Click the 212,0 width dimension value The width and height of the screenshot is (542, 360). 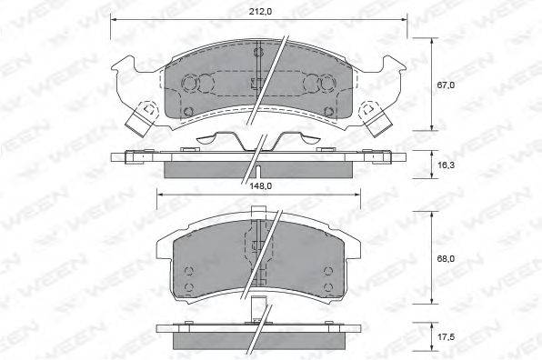pyautogui.click(x=260, y=12)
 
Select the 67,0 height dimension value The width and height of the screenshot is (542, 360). pyautogui.click(x=446, y=85)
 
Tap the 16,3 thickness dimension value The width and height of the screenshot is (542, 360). pyautogui.click(x=446, y=165)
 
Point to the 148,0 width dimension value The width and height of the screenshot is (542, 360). pyautogui.click(x=260, y=185)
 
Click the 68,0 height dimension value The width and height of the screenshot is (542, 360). pyautogui.click(x=446, y=259)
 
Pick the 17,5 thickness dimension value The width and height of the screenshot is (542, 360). pyautogui.click(x=446, y=337)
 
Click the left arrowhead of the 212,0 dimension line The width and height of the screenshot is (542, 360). pyautogui.click(x=114, y=20)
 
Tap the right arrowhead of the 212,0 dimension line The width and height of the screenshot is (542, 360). pyautogui.click(x=404, y=20)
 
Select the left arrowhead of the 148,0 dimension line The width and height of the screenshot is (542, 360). pyautogui.click(x=160, y=195)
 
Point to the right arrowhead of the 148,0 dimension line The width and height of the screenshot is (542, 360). pyautogui.click(x=356, y=195)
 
